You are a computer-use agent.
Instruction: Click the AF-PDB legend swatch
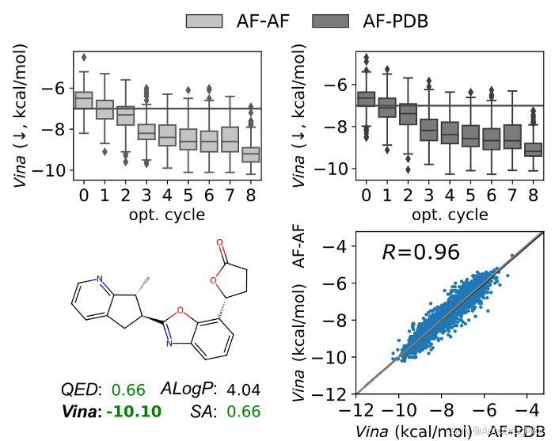331,21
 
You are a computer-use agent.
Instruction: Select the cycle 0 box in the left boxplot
83,101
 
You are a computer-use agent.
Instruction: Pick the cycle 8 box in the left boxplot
250,154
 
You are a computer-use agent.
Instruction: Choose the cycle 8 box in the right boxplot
533,148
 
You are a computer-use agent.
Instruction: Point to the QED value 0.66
128,390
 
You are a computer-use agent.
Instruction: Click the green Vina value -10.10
134,411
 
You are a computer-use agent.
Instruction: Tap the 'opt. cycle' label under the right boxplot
450,214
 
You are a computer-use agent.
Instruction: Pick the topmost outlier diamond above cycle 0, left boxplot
83,58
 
